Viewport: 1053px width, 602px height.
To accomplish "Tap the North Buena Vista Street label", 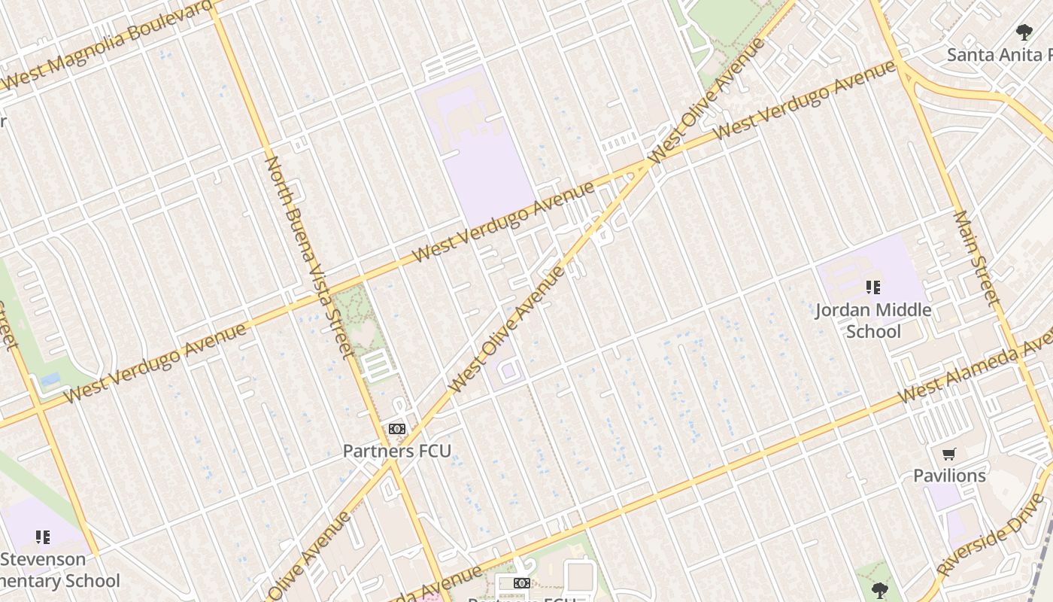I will click(309, 256).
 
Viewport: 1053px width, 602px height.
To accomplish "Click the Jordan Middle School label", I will click(873, 321).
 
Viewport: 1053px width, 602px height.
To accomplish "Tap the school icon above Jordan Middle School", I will click(873, 287).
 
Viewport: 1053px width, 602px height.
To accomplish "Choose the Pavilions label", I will click(949, 476).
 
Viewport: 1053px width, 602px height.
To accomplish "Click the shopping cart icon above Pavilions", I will click(949, 454).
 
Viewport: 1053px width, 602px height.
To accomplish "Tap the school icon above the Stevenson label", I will click(43, 537).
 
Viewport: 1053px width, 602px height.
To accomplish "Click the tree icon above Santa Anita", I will click(1024, 32).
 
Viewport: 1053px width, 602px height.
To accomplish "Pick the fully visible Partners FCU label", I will click(397, 451).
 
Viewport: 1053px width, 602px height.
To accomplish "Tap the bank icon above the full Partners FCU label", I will click(397, 429).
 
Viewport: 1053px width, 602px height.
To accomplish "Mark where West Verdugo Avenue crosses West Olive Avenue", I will click(645, 166).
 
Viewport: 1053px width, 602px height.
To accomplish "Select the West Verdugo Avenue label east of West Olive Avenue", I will click(805, 101).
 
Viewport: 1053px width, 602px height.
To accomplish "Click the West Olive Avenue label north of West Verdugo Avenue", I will click(707, 98).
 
